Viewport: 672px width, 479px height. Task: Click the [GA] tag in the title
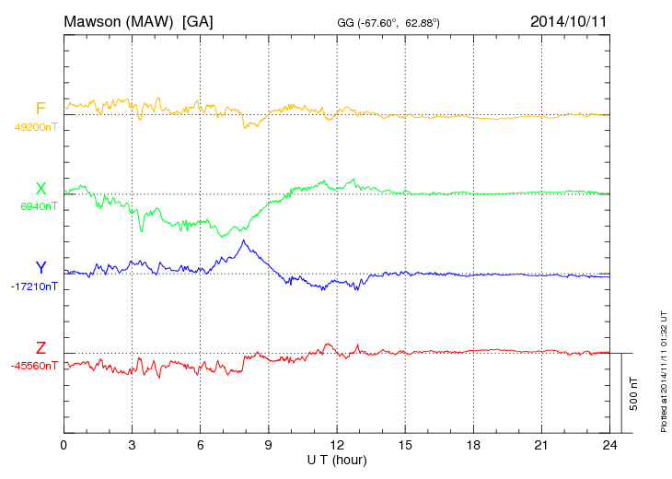pyautogui.click(x=198, y=20)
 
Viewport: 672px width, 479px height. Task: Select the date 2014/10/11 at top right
pyautogui.click(x=568, y=20)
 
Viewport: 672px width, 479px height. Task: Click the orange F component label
pyautogui.click(x=41, y=110)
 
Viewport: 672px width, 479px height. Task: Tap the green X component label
pyautogui.click(x=41, y=189)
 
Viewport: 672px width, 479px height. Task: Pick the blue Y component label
pyautogui.click(x=41, y=268)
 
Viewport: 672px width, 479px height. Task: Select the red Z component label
pyautogui.click(x=41, y=347)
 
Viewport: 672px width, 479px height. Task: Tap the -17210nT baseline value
pyautogui.click(x=34, y=286)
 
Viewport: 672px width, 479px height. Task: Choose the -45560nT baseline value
pyautogui.click(x=34, y=366)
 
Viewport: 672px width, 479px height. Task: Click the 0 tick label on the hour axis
pyautogui.click(x=64, y=445)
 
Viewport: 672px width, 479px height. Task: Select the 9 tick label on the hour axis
pyautogui.click(x=268, y=445)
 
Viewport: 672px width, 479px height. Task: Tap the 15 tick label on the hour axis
pyautogui.click(x=405, y=445)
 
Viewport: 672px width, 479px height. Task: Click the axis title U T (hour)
pyautogui.click(x=336, y=459)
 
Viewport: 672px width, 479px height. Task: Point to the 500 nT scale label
pyautogui.click(x=634, y=392)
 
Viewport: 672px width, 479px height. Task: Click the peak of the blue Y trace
pyautogui.click(x=243, y=240)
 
